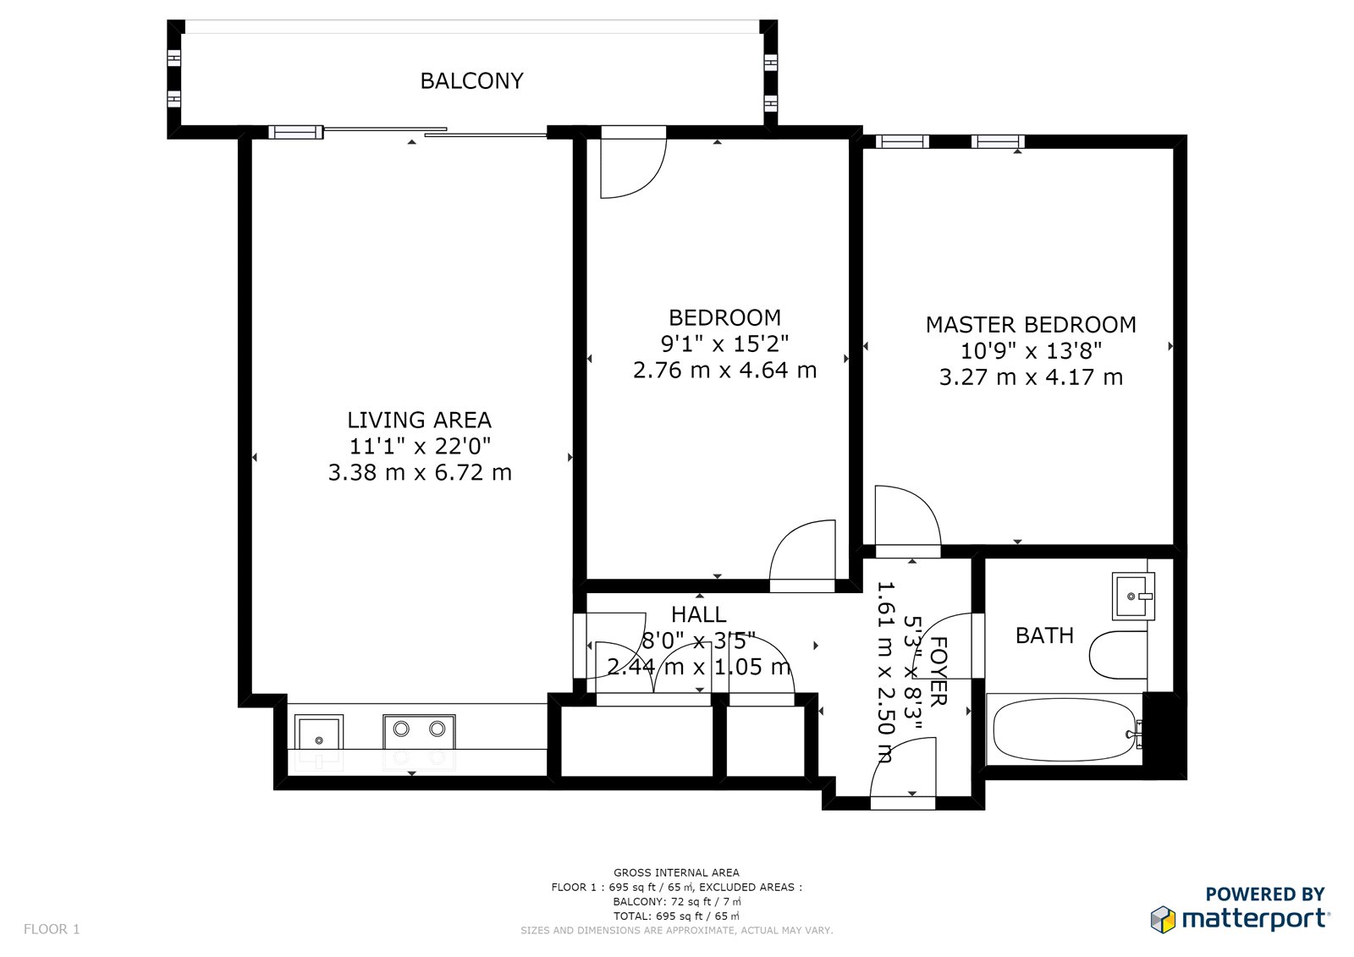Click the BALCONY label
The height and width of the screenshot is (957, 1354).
(471, 80)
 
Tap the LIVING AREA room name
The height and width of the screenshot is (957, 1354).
(419, 420)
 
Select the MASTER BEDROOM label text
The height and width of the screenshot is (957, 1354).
(1031, 325)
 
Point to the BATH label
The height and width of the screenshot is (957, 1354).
(1044, 635)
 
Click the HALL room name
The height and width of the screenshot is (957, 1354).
(699, 614)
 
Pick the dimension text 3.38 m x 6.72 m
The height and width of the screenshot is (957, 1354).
(420, 472)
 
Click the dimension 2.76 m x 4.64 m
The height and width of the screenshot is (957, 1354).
(724, 370)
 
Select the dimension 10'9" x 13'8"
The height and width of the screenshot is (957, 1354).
(1031, 350)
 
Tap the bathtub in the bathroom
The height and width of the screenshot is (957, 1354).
(1065, 729)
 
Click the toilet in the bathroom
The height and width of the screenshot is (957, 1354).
(1118, 655)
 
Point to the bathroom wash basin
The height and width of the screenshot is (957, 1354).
(1133, 596)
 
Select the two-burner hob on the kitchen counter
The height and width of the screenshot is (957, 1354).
(419, 742)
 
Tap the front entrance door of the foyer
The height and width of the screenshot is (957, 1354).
(903, 773)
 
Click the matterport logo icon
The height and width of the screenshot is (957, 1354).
(1163, 920)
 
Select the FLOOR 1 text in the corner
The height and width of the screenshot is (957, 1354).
(52, 929)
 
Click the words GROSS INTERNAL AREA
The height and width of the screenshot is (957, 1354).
(676, 872)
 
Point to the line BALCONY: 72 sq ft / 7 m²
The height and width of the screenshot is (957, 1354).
(676, 901)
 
